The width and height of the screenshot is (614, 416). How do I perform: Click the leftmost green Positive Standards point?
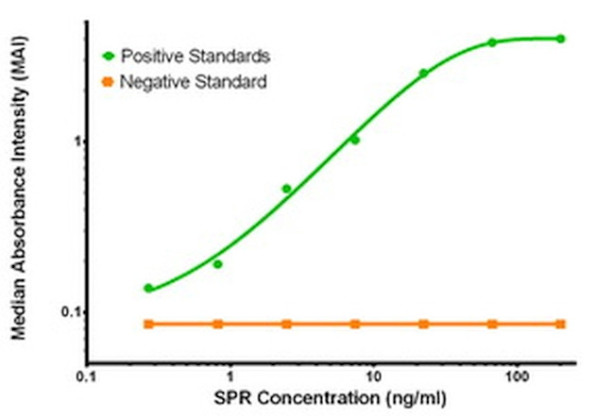click(148, 288)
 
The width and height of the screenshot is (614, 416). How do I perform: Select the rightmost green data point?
click(560, 39)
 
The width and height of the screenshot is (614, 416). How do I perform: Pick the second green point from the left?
click(217, 264)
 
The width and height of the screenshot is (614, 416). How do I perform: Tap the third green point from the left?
click(286, 189)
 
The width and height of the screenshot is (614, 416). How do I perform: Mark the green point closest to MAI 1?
click(355, 140)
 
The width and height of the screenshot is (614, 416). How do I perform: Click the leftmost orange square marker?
click(148, 324)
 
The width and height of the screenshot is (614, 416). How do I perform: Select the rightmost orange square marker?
click(560, 324)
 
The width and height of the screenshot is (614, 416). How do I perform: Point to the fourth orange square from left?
click(355, 324)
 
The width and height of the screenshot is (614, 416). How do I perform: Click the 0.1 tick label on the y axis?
click(65, 312)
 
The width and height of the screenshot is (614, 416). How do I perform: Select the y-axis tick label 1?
click(72, 141)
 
